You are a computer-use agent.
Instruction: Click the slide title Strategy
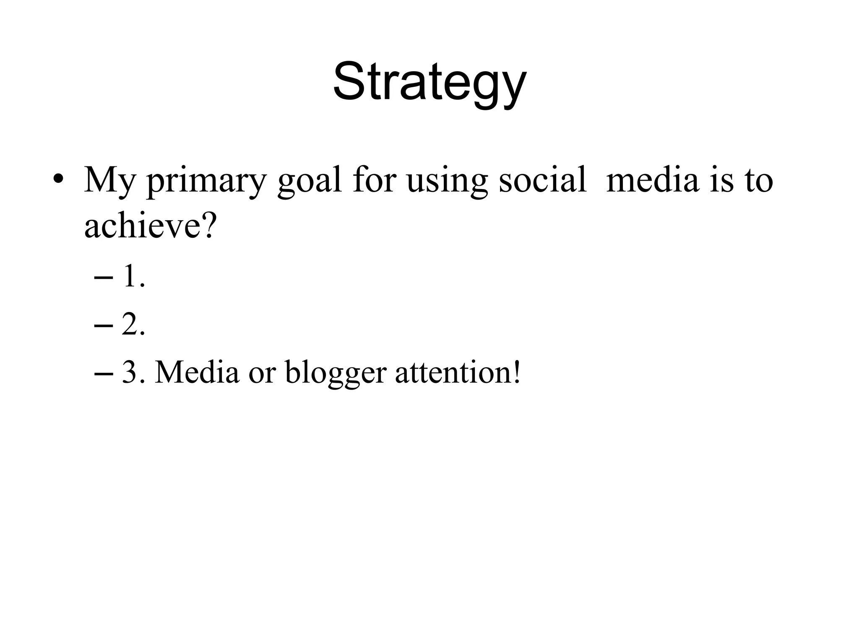[x=429, y=82]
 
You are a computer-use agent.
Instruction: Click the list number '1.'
[x=134, y=277]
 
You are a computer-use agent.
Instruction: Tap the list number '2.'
[x=134, y=325]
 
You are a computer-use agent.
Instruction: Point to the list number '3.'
[x=134, y=372]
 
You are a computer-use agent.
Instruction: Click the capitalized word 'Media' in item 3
[x=197, y=372]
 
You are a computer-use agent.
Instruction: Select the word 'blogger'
[x=336, y=373]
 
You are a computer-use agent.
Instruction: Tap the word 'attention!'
[x=458, y=372]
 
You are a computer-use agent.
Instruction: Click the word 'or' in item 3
[x=262, y=373]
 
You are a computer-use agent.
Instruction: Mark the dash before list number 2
[x=104, y=325]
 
